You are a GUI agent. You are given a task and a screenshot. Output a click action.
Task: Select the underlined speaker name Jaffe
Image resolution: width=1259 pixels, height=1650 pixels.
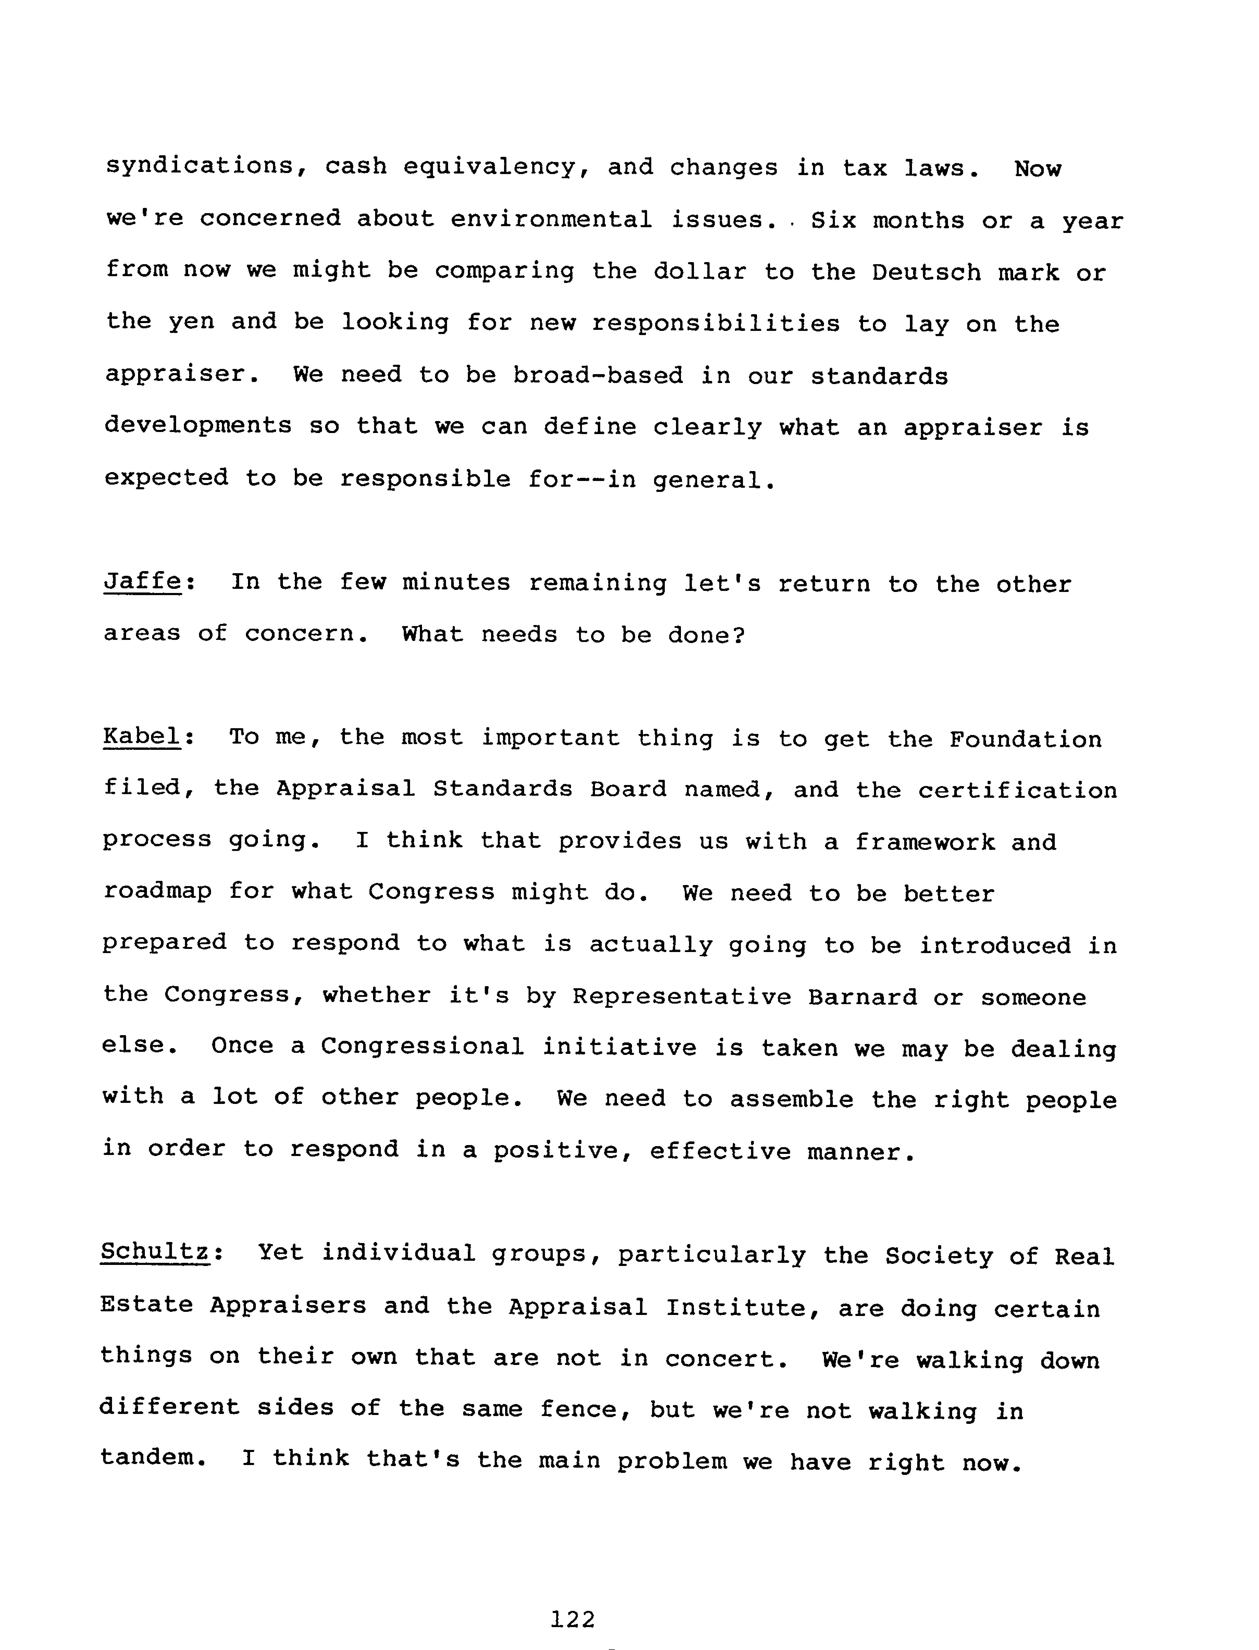tap(142, 582)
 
